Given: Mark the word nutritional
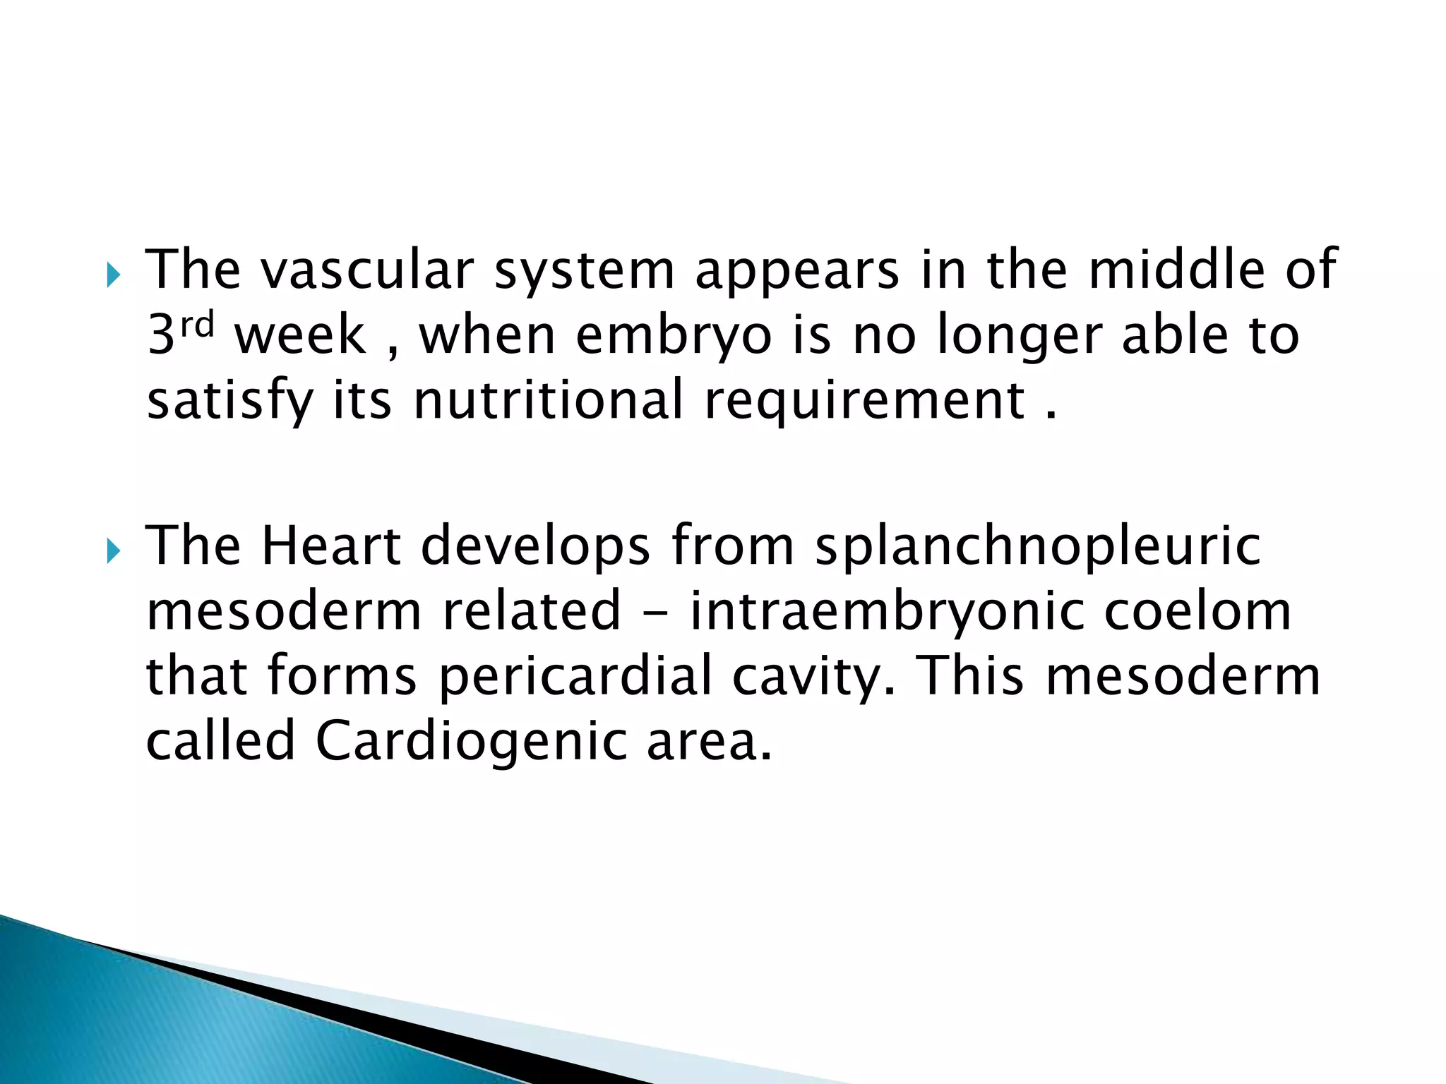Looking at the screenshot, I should click(549, 399).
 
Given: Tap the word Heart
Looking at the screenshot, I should click(331, 545).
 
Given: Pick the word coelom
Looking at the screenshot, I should click(1197, 611).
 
